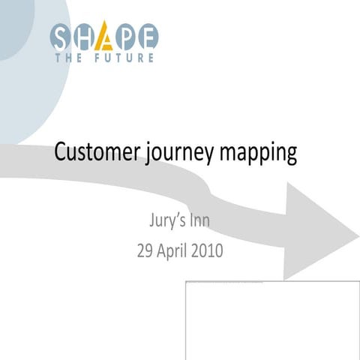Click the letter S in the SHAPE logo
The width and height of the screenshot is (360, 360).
pyautogui.click(x=62, y=36)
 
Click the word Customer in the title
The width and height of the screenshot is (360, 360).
pyautogui.click(x=97, y=153)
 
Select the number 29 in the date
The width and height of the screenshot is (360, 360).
pyautogui.click(x=145, y=250)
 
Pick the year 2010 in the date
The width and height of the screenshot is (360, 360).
pyautogui.click(x=206, y=250)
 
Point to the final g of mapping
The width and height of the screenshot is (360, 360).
pyautogui.click(x=291, y=156)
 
